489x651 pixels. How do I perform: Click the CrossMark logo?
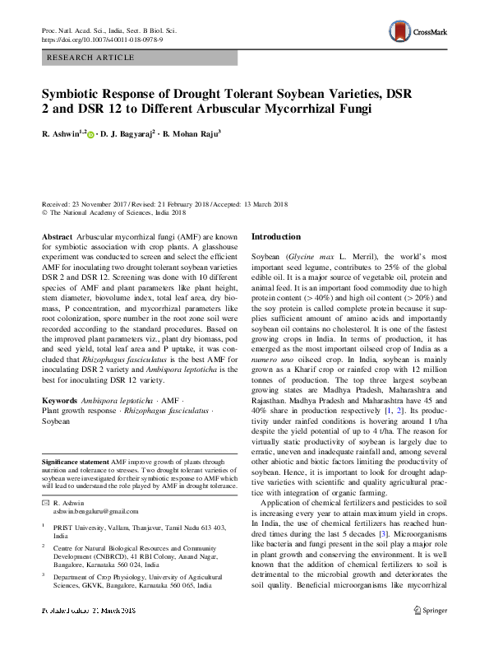(417, 32)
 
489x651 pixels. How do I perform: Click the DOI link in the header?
(103, 39)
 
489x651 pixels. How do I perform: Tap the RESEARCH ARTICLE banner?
(92, 57)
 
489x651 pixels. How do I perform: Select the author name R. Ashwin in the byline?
(60, 133)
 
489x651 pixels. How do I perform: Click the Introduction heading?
(276, 237)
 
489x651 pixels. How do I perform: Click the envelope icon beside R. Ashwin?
(45, 502)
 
